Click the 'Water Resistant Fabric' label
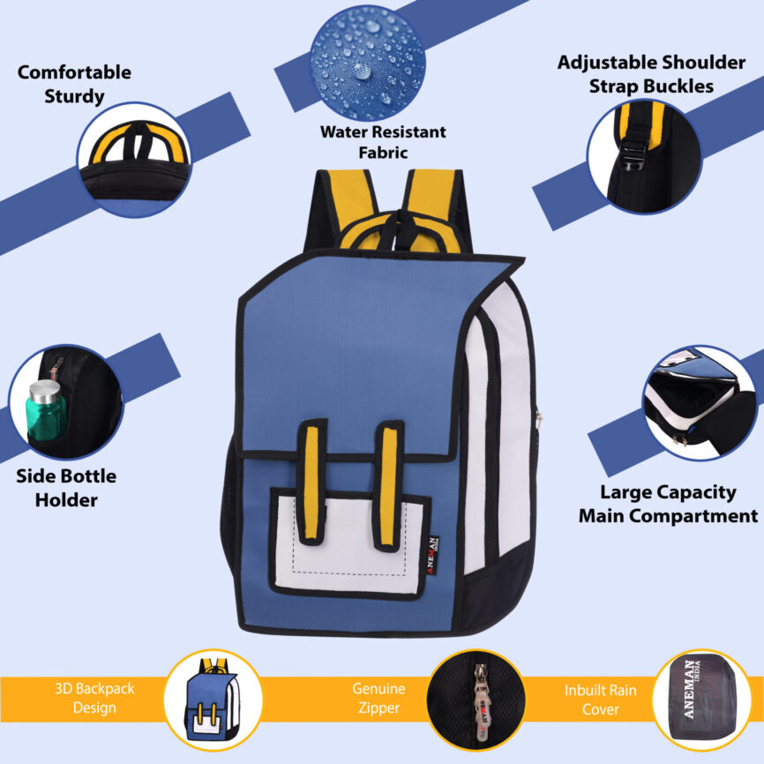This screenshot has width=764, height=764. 382,142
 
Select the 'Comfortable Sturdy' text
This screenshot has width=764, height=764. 74,84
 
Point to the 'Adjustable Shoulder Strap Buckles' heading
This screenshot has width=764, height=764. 651,74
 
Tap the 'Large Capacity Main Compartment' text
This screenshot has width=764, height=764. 668,504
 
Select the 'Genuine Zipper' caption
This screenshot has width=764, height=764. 378,698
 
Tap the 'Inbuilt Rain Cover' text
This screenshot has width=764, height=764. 600,699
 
